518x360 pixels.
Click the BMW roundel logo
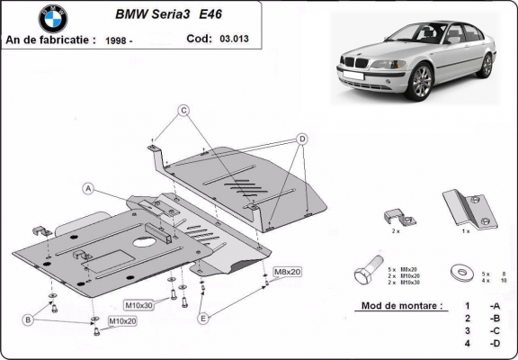pos(52,18)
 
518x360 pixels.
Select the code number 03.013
pos(233,39)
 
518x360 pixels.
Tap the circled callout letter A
pos(89,188)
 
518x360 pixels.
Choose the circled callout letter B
pos(29,319)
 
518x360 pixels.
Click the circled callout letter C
pos(183,111)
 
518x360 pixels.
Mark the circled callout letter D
pos(302,139)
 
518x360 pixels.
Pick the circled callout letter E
pos(203,318)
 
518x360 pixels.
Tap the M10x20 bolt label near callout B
pos(122,320)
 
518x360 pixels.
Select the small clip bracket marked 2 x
pos(397,219)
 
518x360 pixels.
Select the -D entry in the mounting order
pos(495,345)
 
